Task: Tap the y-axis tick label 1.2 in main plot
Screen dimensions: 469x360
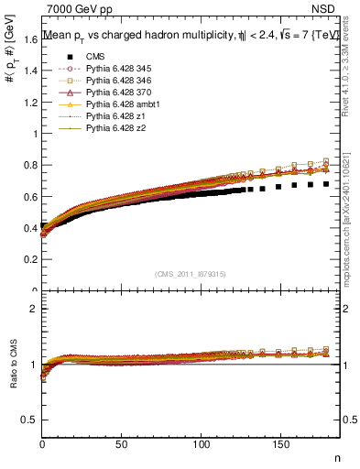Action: pyautogui.click(x=29, y=102)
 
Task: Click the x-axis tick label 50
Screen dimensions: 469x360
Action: pyautogui.click(x=121, y=444)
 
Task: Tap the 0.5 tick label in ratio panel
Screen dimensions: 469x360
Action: pyautogui.click(x=29, y=420)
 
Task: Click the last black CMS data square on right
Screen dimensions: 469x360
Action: pyautogui.click(x=326, y=184)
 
